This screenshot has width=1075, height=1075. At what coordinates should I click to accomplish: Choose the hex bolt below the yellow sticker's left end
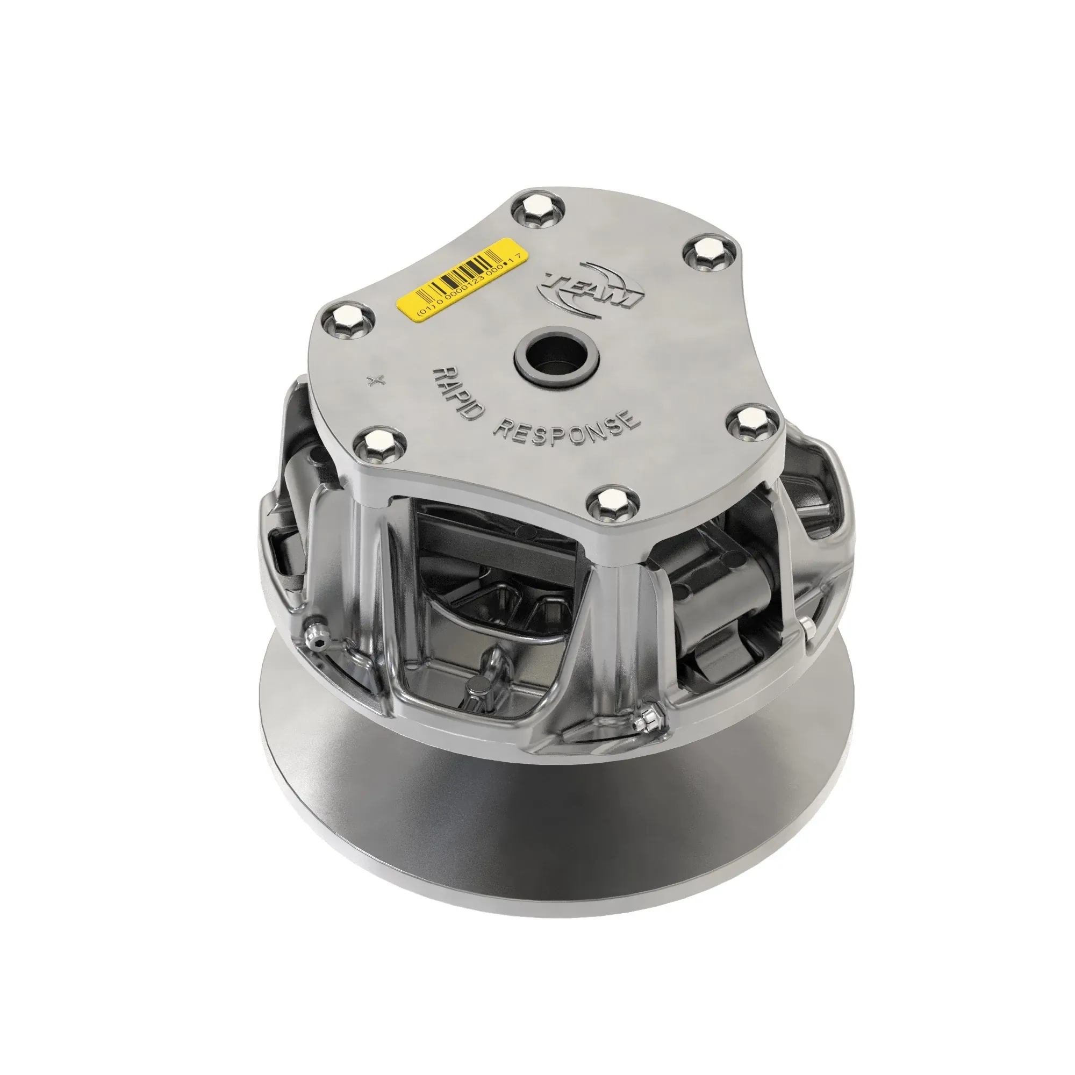click(348, 319)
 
